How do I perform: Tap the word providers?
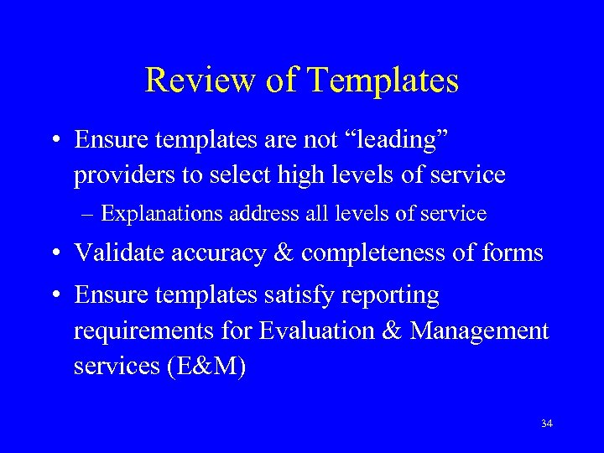click(x=123, y=174)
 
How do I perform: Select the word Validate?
click(x=118, y=253)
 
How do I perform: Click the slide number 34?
click(x=547, y=424)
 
